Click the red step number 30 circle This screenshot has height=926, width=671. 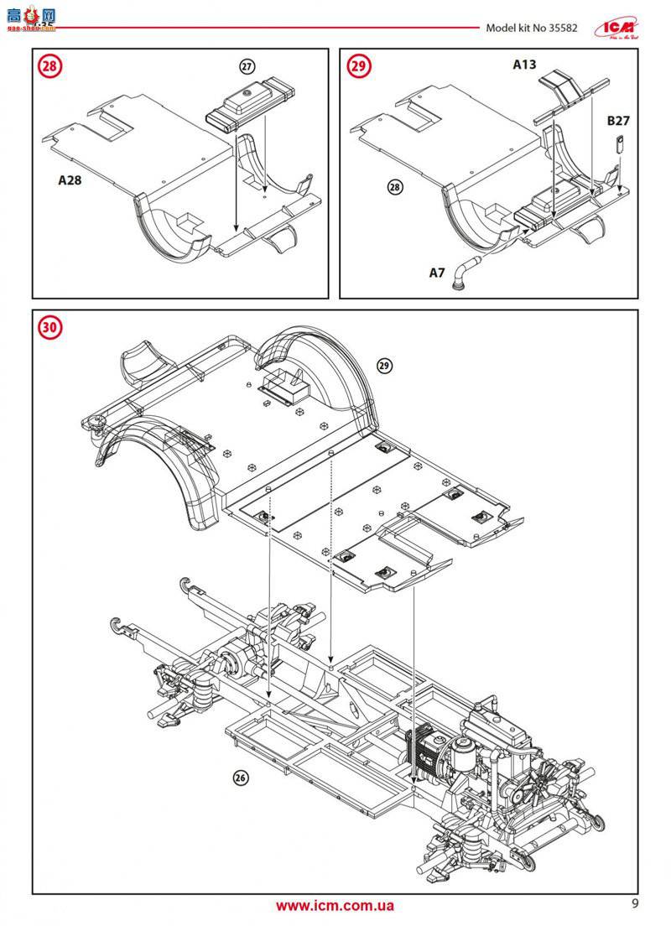pyautogui.click(x=51, y=328)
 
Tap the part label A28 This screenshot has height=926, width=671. pyautogui.click(x=70, y=179)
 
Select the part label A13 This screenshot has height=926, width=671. pyautogui.click(x=525, y=64)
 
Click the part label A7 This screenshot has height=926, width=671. pyautogui.click(x=437, y=273)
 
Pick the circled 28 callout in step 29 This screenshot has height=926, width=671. pyautogui.click(x=395, y=187)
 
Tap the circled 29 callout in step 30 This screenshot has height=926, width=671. pyautogui.click(x=384, y=366)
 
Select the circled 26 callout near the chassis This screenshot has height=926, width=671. pyautogui.click(x=241, y=778)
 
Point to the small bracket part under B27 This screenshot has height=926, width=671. pyautogui.click(x=619, y=144)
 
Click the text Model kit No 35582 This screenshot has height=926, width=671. pyautogui.click(x=537, y=27)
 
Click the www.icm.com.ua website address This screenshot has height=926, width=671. pyautogui.click(x=335, y=905)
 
